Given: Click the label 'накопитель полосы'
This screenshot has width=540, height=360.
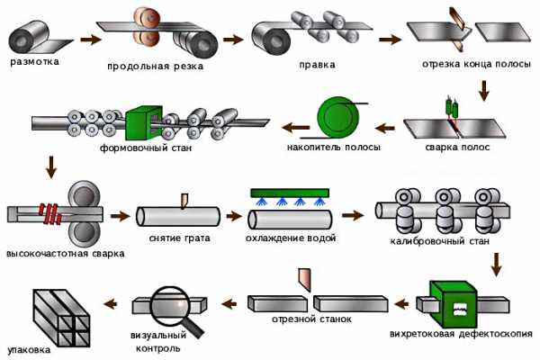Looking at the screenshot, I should tap(334, 147).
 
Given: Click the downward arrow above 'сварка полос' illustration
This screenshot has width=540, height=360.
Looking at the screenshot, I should tap(484, 90).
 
